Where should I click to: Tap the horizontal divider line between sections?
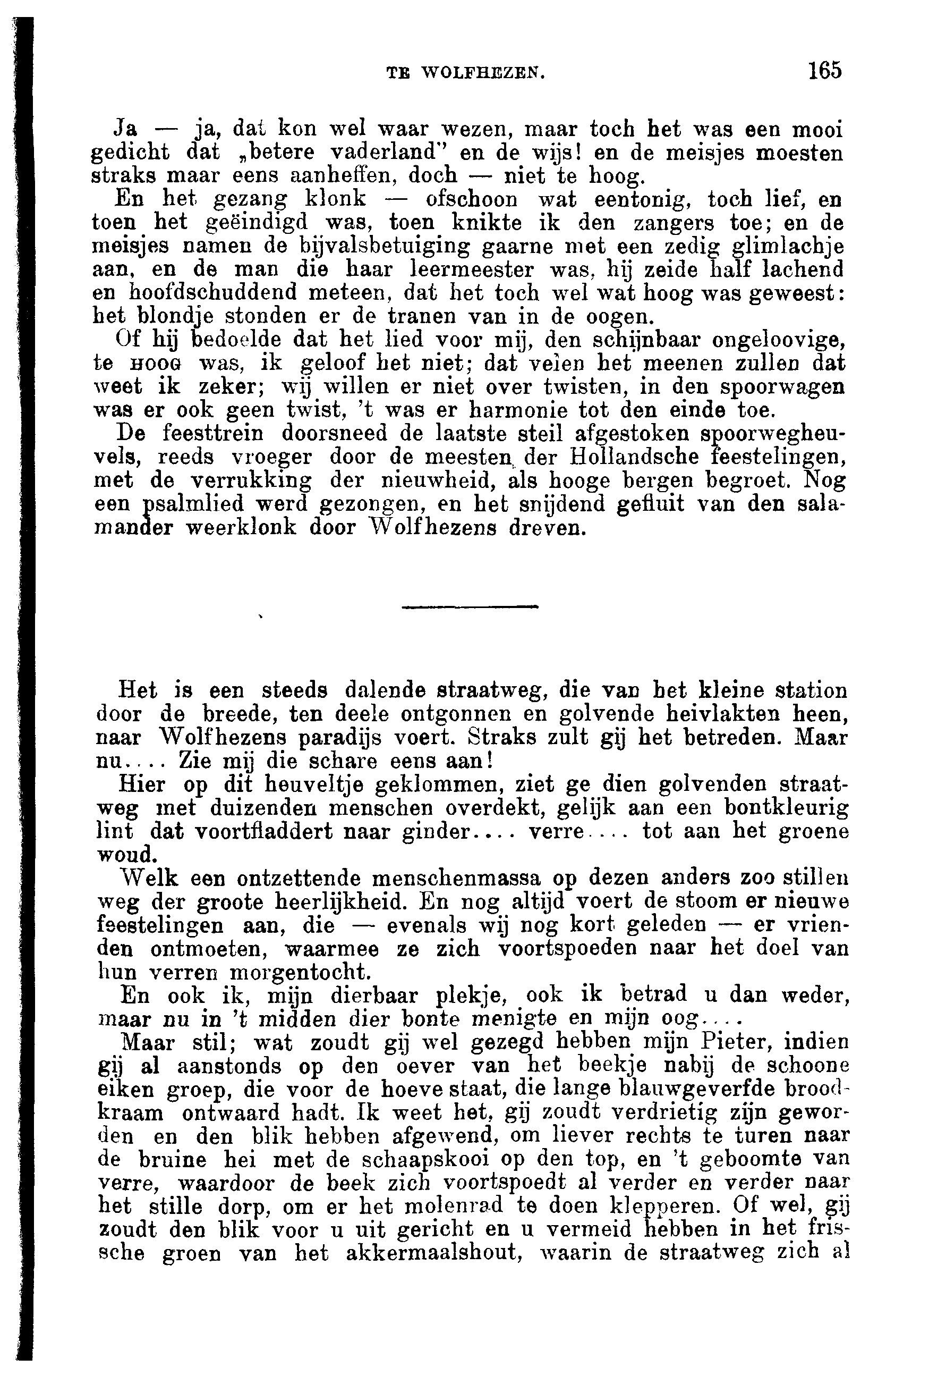(x=470, y=606)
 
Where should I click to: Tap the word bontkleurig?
(x=787, y=808)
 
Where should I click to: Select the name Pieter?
(x=736, y=1042)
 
